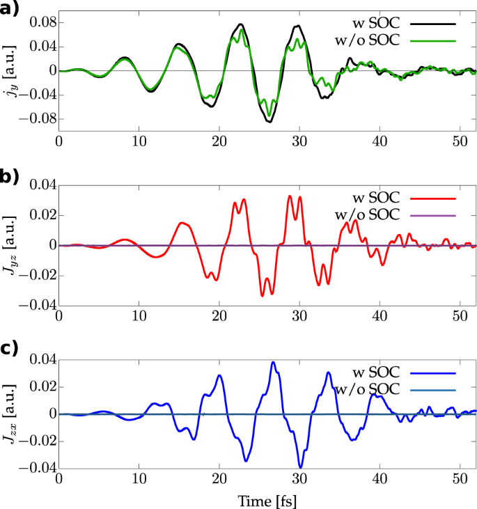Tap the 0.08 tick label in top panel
40,23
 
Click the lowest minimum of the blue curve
300,467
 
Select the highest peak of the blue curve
273,362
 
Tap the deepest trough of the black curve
269,122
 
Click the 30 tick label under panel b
299,311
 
